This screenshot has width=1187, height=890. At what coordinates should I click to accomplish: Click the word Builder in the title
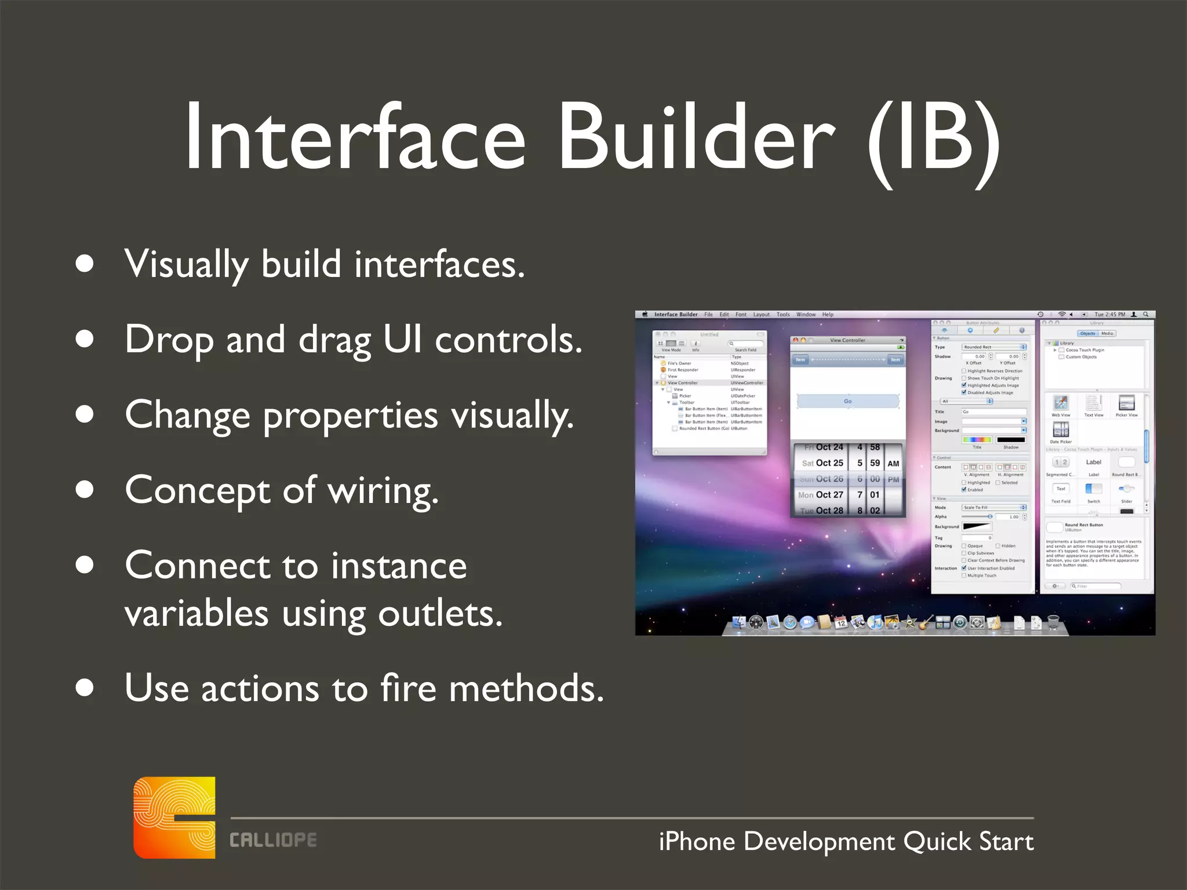(696, 138)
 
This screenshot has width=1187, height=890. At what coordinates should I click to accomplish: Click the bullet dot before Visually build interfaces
(85, 264)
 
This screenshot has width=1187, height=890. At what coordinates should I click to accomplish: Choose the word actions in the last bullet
(260, 688)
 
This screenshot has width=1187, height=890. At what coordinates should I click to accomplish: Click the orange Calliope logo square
(174, 818)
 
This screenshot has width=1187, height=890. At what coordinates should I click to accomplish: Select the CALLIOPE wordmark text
(273, 840)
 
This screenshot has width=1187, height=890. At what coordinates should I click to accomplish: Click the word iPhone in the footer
(697, 841)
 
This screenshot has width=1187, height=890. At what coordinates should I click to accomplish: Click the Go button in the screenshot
(847, 401)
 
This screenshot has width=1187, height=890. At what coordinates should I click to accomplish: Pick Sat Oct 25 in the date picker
(822, 463)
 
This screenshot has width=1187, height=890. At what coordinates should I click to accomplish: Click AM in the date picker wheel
(893, 464)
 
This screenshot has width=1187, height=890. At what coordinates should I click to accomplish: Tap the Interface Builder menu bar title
(676, 315)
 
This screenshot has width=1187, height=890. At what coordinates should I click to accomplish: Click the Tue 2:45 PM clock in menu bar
(1109, 315)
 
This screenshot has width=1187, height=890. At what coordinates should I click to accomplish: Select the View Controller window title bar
(847, 340)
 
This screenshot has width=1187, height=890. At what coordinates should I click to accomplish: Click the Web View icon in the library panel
(1061, 403)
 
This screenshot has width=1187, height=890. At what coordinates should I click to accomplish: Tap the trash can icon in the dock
(1054, 623)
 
